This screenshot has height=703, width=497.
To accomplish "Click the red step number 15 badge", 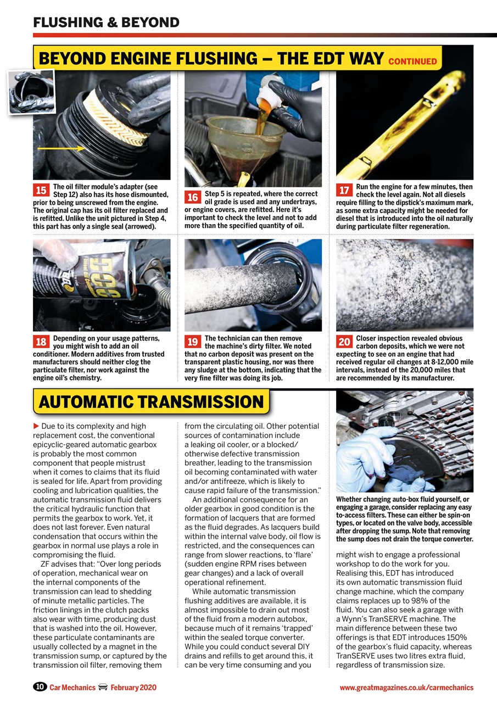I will tap(41, 190).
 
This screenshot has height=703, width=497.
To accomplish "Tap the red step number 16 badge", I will tap(192, 197).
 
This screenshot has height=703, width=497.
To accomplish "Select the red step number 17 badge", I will tap(344, 190).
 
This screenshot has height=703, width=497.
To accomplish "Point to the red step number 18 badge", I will tap(41, 342).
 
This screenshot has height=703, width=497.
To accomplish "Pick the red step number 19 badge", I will tap(192, 342).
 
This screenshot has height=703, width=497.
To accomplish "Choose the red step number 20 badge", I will tap(344, 342).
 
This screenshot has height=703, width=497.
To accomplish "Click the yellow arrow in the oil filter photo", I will tap(61, 148).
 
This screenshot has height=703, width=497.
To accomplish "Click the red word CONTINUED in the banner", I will tap(412, 62).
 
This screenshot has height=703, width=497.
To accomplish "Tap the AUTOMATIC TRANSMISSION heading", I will tap(151, 401).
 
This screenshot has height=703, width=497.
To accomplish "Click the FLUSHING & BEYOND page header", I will tap(106, 23).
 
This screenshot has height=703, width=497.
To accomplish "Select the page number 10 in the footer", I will tap(40, 687).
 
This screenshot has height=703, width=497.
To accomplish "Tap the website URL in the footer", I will tap(406, 687).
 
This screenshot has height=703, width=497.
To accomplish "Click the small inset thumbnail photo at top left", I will tap(31, 92).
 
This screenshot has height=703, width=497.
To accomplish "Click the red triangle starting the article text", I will tap(36, 426).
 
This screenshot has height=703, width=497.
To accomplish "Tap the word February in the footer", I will tap(125, 687).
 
